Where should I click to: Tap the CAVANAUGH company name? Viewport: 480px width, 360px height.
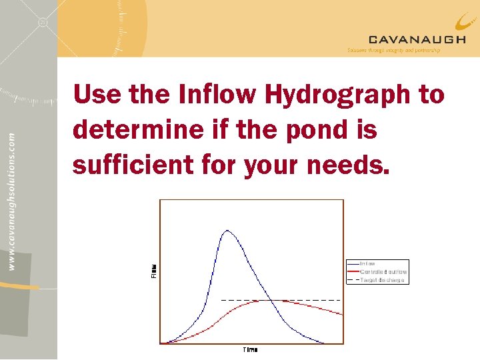click(417, 40)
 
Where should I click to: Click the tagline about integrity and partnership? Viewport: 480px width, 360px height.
click(393, 51)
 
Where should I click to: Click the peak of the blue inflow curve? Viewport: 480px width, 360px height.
click(228, 231)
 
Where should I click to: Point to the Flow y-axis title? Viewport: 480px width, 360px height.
click(153, 271)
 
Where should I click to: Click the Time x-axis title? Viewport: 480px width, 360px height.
click(250, 349)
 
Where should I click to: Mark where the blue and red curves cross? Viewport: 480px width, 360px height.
click(274, 301)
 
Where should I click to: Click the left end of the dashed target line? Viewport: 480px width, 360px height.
click(221, 301)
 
